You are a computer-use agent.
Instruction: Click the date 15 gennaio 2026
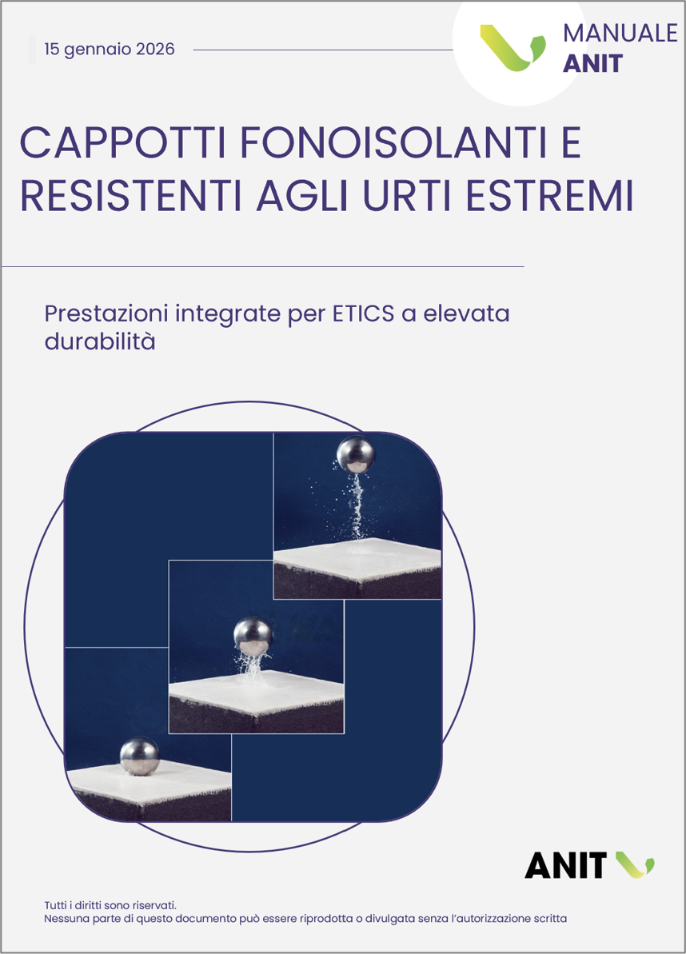click(110, 50)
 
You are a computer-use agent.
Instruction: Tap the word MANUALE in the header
click(620, 33)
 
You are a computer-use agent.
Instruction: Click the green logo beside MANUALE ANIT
click(512, 47)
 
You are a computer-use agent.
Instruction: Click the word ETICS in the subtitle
click(363, 314)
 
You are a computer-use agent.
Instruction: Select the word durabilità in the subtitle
click(100, 341)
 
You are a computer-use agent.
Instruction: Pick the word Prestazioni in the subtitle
click(106, 314)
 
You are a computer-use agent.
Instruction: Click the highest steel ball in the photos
click(356, 454)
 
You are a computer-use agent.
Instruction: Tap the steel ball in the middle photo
click(253, 637)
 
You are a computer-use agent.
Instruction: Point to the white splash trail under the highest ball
click(357, 506)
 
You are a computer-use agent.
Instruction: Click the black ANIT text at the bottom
click(565, 865)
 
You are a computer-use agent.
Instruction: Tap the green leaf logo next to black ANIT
click(634, 864)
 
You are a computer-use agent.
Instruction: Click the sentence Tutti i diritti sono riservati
click(110, 905)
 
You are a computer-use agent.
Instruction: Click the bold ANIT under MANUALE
click(593, 63)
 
